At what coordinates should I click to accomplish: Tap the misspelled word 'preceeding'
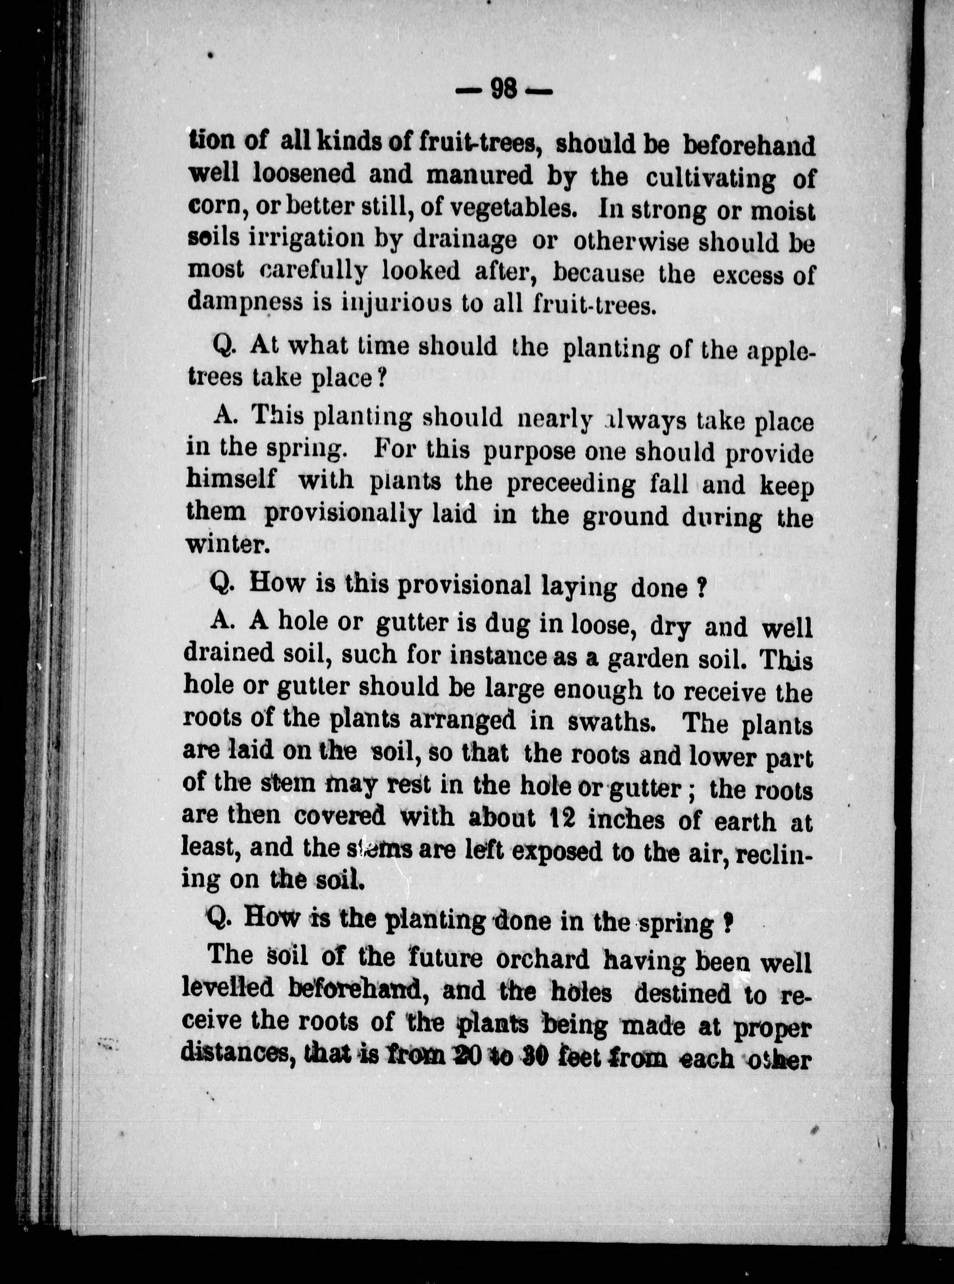pos(571,484)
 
